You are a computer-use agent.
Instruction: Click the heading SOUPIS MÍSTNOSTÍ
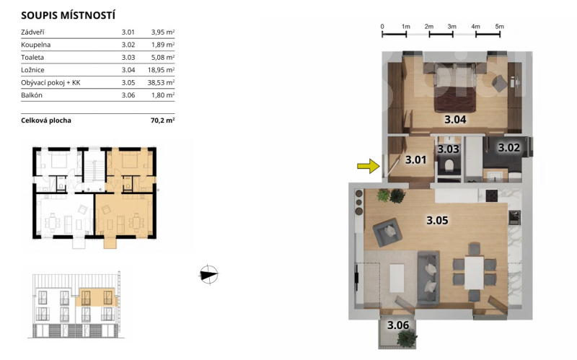pos(68,15)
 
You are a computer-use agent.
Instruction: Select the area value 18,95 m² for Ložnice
pos(161,70)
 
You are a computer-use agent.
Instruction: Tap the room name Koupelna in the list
pos(35,45)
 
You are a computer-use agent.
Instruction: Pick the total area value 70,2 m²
pos(162,120)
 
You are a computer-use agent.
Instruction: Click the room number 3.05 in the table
pos(128,82)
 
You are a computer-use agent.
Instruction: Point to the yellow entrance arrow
pos(369,166)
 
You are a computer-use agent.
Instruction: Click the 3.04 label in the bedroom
pos(455,119)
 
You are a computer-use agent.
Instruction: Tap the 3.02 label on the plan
pos(509,148)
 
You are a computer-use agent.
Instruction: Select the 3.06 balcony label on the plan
pos(398,325)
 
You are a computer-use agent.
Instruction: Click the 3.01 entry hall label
pos(415,159)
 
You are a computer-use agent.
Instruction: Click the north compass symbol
pos(208,275)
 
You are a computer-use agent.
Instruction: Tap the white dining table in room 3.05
pos(474,273)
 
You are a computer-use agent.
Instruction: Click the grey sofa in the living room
pos(428,278)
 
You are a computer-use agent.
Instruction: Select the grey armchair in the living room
pos(387,232)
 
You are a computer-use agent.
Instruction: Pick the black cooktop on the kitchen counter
pos(492,196)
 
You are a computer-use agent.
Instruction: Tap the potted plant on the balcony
pos(407,338)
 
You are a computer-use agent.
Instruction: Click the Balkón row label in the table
pos(32,95)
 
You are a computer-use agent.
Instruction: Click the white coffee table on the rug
pos(397,278)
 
